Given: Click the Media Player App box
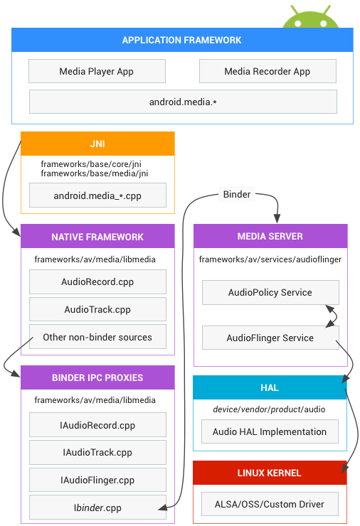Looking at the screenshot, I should pyautogui.click(x=97, y=72).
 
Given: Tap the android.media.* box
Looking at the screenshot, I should pyautogui.click(x=183, y=102).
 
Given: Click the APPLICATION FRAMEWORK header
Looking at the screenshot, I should pyautogui.click(x=182, y=40).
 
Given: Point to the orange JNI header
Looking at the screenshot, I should pyautogui.click(x=97, y=144).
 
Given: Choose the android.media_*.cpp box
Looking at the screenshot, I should pyautogui.click(x=97, y=195).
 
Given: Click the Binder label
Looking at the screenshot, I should pyautogui.click(x=237, y=194).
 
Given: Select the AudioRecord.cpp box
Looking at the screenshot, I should pyautogui.click(x=97, y=282).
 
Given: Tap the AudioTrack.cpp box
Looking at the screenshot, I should pyautogui.click(x=97, y=309).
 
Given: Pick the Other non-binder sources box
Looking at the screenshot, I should pyautogui.click(x=97, y=337).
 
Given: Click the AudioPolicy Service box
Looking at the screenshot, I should pyautogui.click(x=270, y=292).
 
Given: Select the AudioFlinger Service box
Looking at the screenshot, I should pyautogui.click(x=270, y=338).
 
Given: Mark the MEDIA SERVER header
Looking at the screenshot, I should pyautogui.click(x=270, y=236).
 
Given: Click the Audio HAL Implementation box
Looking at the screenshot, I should pyautogui.click(x=270, y=431).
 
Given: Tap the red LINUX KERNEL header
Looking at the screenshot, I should pyautogui.click(x=270, y=473).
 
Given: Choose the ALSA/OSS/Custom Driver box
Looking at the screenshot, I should pyautogui.click(x=270, y=504).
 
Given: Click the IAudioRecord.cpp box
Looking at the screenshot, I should pyautogui.click(x=97, y=425).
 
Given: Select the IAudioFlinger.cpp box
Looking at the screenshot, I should pyautogui.click(x=97, y=480).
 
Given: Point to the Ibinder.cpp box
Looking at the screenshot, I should pyautogui.click(x=97, y=508).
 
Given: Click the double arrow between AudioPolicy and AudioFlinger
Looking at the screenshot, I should pyautogui.click(x=330, y=315).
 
